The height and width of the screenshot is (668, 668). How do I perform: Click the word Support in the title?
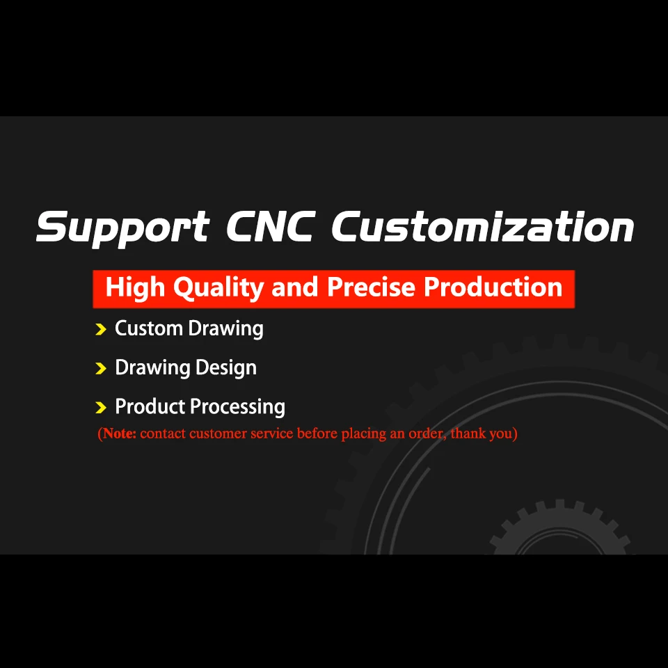122,228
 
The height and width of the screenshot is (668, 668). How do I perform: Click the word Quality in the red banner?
218,288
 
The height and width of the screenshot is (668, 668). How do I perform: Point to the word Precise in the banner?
372,287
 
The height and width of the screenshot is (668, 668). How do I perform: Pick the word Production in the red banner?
493,287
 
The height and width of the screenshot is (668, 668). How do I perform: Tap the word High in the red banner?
136,287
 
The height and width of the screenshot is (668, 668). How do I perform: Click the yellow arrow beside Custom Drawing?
101,329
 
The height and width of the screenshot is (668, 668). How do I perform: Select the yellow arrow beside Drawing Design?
101,368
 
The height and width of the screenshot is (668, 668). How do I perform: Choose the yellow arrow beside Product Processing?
101,407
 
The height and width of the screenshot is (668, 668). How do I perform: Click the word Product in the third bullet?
150,406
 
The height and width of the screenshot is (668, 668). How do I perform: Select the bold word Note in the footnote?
118,434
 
